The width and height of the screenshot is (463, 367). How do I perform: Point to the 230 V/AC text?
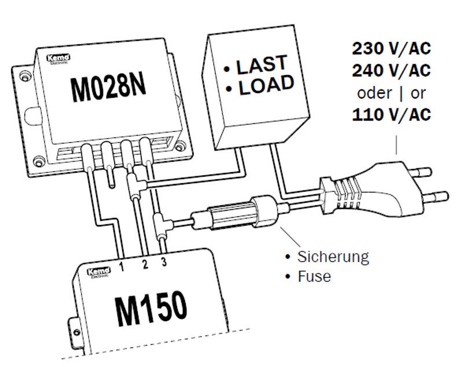point(391,49)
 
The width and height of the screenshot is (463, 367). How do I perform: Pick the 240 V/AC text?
point(391,71)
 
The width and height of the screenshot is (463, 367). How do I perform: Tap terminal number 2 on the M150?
point(145,265)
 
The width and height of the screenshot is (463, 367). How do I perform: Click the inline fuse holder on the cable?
point(237,213)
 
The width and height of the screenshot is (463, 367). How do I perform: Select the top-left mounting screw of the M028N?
point(24,76)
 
